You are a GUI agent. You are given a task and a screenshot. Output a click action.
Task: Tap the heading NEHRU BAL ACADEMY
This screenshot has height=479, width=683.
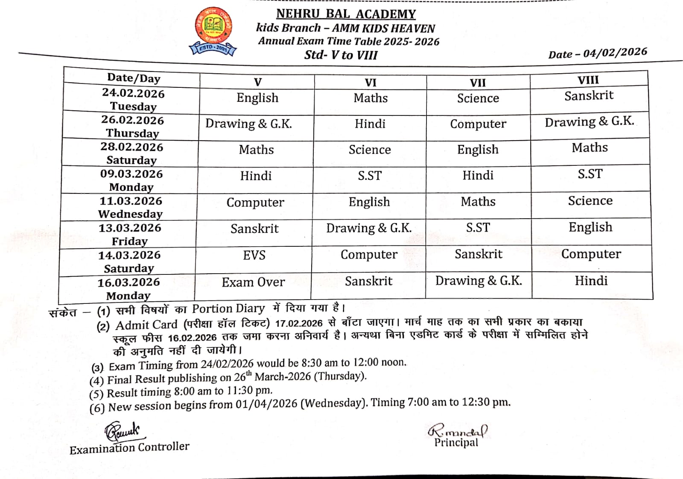point(346,14)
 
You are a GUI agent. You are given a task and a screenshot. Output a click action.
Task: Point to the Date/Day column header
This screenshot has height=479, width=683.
point(134,78)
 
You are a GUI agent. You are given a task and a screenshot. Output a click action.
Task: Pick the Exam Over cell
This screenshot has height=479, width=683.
point(253,282)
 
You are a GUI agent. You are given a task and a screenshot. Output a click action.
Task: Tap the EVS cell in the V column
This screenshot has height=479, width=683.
point(254,255)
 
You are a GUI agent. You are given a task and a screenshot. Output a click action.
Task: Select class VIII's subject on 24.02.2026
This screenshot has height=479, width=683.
point(589,96)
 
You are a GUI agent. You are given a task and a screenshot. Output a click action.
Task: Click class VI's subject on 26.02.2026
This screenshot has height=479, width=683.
point(370,124)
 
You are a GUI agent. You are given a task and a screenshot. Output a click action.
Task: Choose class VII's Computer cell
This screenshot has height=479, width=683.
point(478,124)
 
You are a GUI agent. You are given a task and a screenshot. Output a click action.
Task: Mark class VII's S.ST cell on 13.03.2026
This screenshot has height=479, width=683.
point(478,228)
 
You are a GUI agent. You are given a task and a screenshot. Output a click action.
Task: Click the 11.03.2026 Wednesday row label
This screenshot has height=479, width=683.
point(131,207)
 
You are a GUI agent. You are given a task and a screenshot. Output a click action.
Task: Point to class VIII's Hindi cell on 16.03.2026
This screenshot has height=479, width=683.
point(591,281)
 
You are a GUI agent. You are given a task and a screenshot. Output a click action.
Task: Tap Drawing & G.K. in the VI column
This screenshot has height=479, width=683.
point(369,228)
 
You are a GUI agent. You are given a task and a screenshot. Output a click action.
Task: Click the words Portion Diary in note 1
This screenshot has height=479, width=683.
point(228,309)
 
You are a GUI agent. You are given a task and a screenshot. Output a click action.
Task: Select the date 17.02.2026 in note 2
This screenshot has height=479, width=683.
point(298,323)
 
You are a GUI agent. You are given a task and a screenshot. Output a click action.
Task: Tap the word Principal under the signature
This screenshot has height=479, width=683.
point(456,443)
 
